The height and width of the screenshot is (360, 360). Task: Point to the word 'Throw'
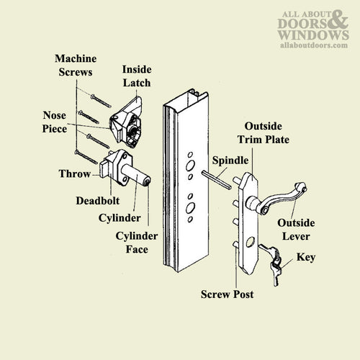coord(75,174)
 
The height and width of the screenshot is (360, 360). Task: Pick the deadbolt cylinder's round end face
coord(147,181)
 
